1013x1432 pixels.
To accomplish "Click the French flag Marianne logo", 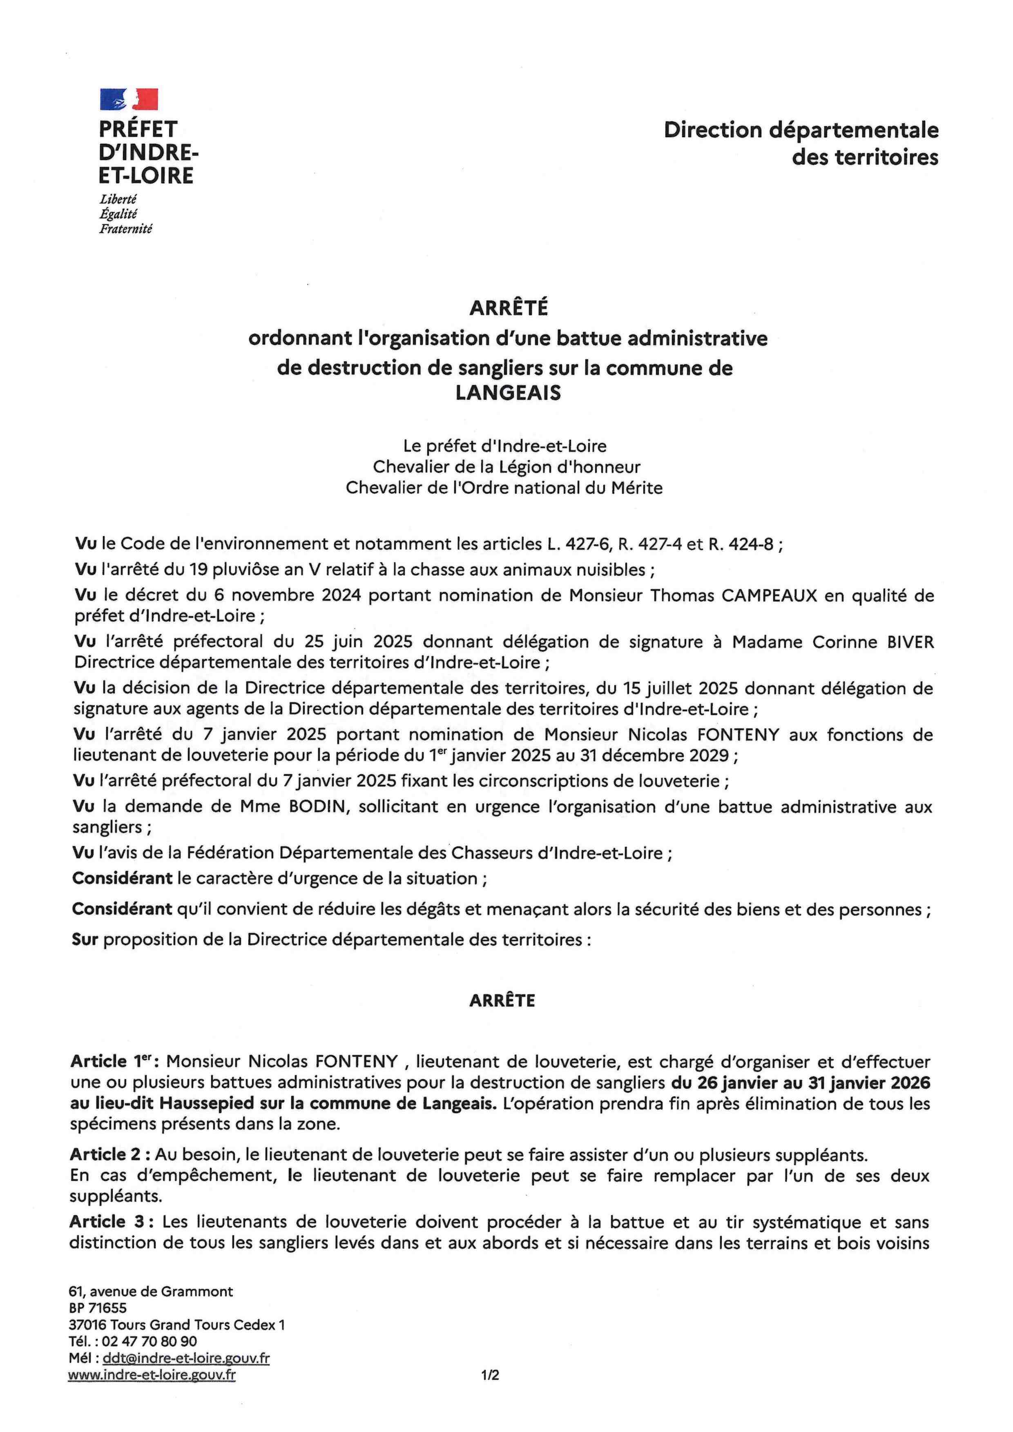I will click(129, 99).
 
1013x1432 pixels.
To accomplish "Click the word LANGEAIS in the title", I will click(508, 393).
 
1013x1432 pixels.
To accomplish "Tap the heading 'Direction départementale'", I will click(801, 130).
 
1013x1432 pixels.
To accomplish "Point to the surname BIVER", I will click(910, 642).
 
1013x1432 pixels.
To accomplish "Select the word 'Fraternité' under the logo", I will click(125, 229).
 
